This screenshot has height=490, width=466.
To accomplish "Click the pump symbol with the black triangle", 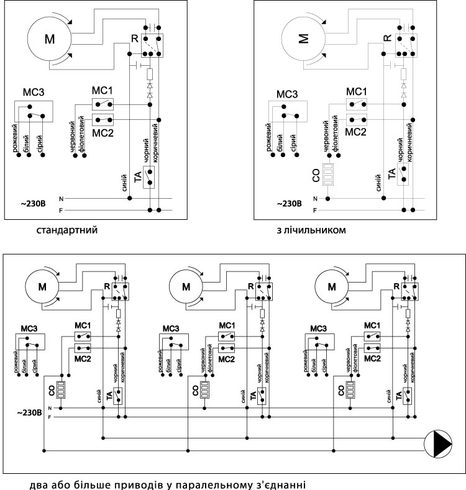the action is coord(438,444).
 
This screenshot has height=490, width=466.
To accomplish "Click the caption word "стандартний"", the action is coord(67,230).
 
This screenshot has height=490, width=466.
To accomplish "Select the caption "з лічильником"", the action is coord(311,230).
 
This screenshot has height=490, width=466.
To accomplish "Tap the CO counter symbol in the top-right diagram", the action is coord(328,175).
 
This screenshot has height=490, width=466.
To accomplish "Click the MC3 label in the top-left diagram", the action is coord(34,92).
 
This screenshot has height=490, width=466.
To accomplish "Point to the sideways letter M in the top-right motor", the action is coord(303,39).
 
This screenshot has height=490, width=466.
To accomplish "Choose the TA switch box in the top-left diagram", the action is coord(149,177).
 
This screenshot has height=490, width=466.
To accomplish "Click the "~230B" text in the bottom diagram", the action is coord(29,412).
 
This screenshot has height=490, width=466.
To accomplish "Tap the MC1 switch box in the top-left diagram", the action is coord(103,104).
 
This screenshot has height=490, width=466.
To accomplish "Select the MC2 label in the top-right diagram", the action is coord(355,132).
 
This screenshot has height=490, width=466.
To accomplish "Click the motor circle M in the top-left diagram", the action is coord(50,39).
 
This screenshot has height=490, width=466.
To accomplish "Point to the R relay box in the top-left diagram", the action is coord(152,45).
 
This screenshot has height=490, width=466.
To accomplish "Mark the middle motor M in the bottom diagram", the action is coord(186,286).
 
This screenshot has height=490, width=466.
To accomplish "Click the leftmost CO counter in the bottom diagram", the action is coord(61,390).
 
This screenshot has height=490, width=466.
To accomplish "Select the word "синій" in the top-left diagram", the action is coord(124,183).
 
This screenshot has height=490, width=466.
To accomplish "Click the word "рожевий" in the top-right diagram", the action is coord(268,137).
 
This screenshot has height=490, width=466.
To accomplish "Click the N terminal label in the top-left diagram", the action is coord(62,199).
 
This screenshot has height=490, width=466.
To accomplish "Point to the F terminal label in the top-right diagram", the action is coord(315,211).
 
